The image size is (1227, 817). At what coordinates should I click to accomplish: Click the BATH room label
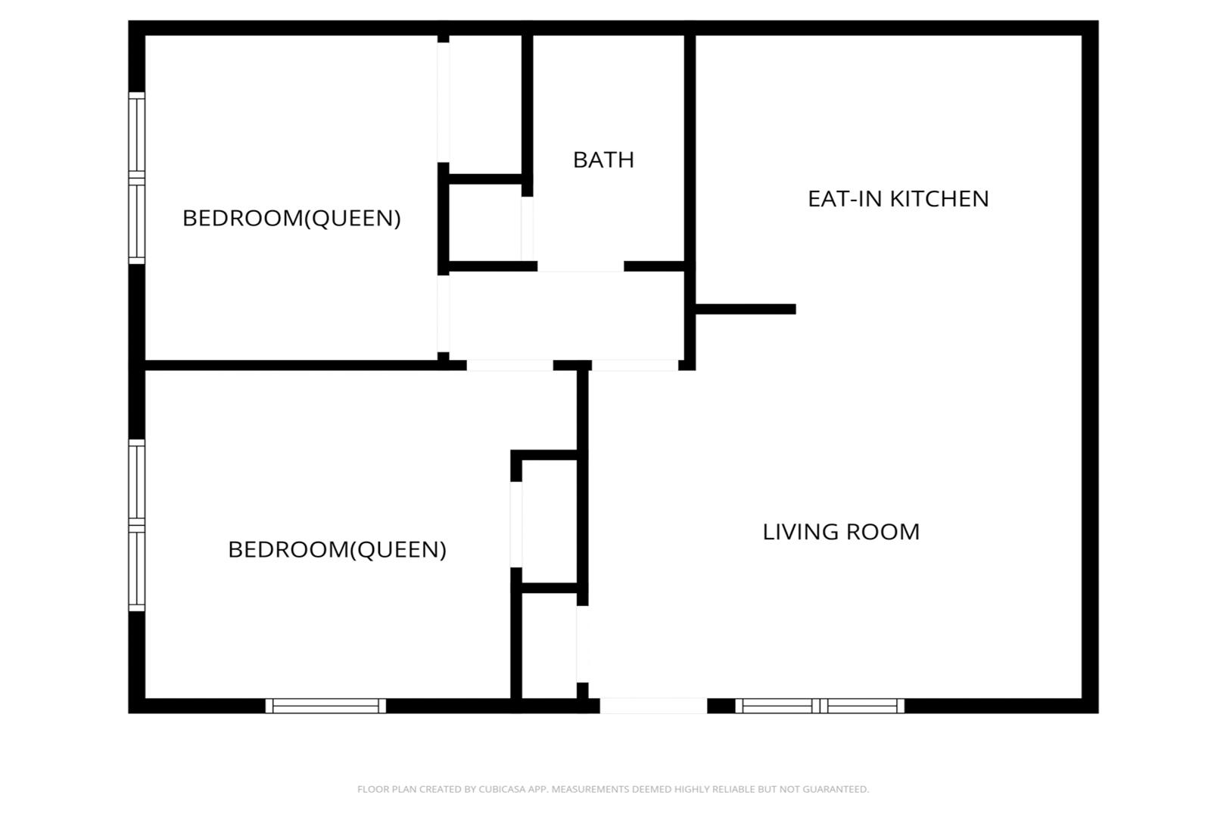[x=603, y=160]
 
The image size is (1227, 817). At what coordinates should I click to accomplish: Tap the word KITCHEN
[x=939, y=199]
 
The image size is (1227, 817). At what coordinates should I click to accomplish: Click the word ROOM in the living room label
[x=883, y=532]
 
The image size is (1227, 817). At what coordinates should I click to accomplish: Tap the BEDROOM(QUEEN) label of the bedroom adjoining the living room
[x=337, y=550]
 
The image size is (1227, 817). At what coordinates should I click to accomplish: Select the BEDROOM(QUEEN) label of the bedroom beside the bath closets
[x=291, y=219]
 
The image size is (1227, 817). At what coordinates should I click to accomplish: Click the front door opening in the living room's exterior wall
[x=653, y=706]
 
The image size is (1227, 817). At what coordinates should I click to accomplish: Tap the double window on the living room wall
[x=820, y=706]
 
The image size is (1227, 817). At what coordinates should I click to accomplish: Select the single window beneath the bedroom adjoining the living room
[x=325, y=706]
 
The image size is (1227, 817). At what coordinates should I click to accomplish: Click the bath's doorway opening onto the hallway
[x=581, y=267]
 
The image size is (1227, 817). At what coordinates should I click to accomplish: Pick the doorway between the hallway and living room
[x=635, y=365]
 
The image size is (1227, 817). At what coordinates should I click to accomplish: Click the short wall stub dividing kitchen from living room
[x=746, y=309]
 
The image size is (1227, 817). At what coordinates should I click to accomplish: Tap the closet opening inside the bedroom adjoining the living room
[x=516, y=524]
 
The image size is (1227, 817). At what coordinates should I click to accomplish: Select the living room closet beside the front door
[x=550, y=645]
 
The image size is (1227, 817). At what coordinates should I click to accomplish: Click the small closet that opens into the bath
[x=484, y=222]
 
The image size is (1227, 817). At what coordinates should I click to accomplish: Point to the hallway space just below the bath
[x=567, y=316]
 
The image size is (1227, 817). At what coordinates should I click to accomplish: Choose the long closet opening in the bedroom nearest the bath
[x=443, y=102]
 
